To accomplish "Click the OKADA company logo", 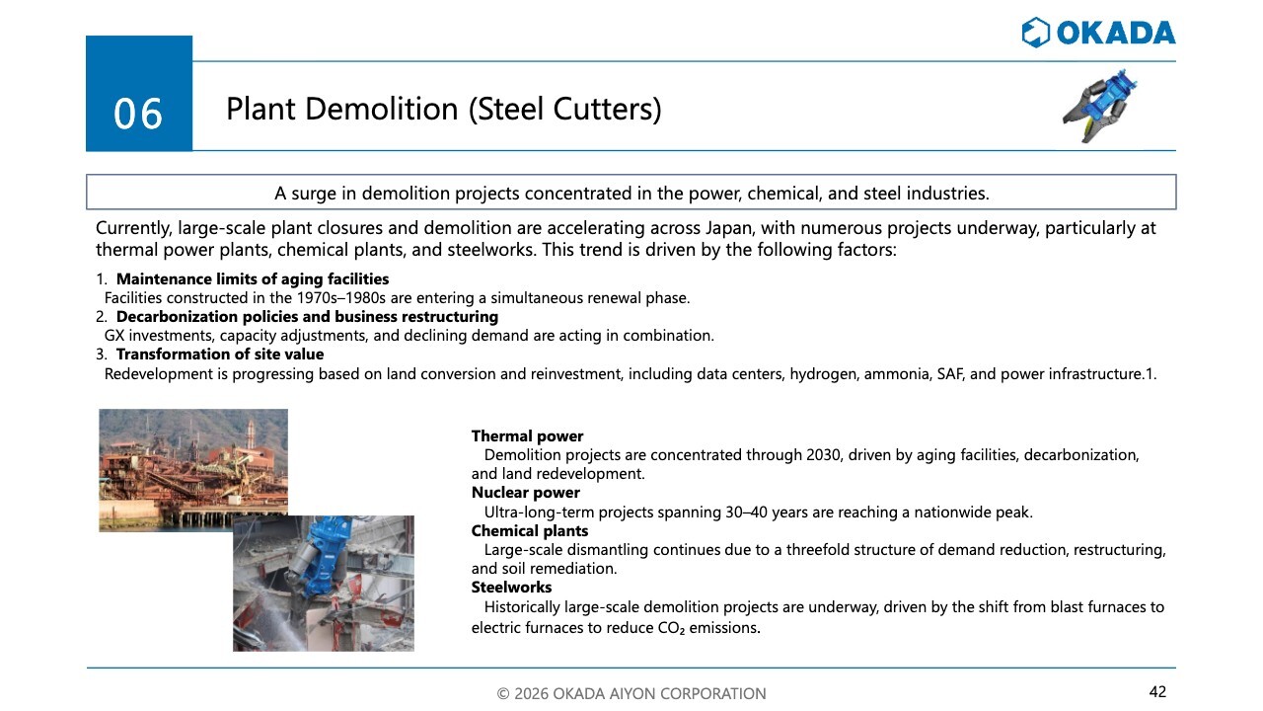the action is pos(1098,33).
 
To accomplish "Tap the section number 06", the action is pos(138,114).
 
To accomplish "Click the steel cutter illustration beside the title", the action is pos(1100,106).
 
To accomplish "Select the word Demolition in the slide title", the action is pos(382,109).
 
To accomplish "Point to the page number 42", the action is pos(1157,691).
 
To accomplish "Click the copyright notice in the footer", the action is pos(631,693).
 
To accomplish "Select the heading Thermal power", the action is pos(527,436).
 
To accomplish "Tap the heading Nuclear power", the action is pos(526,493).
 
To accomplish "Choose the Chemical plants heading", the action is pos(530,531).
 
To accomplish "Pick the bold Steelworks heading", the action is pos(511,588).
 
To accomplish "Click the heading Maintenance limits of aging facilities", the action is pos(253,279).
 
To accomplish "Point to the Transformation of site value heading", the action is pos(220,355).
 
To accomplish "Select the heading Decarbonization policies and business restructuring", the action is pos(307,317).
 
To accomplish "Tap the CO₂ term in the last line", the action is pos(671,628).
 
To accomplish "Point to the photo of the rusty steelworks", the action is pos(193,470).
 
